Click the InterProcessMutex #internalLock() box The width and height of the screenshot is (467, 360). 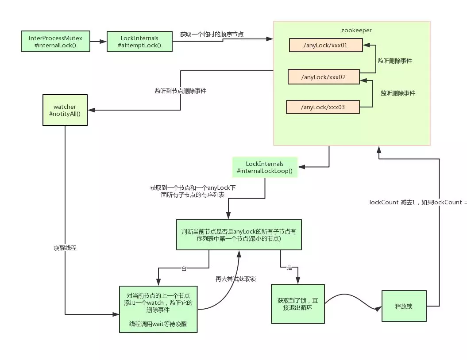coord(55,41)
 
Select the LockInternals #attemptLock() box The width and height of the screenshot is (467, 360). coord(139,42)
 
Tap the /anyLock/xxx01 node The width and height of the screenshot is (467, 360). coord(326,45)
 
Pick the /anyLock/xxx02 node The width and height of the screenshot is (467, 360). coord(323,77)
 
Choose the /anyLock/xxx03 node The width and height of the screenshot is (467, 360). coord(322,107)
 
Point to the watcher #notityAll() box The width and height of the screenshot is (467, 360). coord(65,110)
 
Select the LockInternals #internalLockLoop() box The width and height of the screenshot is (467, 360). coord(265,167)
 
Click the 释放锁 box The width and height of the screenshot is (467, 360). coord(404,306)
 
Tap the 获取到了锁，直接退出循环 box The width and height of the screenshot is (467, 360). coord(297,304)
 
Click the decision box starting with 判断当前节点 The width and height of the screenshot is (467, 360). coord(239,235)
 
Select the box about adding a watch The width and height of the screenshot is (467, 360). coord(158,309)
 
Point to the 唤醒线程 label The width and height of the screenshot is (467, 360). coord(65,248)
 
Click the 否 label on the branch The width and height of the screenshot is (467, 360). coord(184,268)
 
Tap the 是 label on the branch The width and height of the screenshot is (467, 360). coord(290,268)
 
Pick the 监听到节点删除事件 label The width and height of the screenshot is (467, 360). coord(180,91)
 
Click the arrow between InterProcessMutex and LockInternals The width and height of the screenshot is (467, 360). coord(98,42)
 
